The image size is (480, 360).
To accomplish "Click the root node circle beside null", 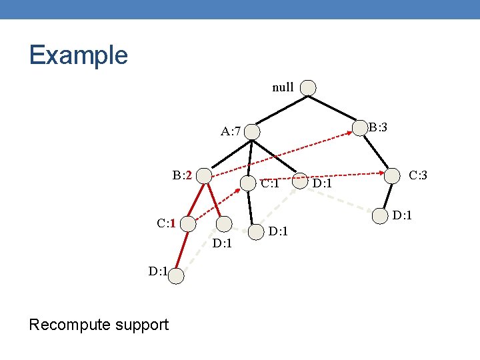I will (x=308, y=87).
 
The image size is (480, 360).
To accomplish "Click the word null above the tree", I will (x=283, y=87).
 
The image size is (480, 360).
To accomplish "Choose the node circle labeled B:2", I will (x=205, y=176).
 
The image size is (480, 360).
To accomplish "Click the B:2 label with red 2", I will (x=182, y=175).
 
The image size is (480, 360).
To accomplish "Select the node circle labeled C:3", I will (x=393, y=176).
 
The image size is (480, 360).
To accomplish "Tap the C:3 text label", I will (x=418, y=175).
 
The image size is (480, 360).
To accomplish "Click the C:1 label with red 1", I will (x=166, y=223).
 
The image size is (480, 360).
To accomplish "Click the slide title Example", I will (x=78, y=55).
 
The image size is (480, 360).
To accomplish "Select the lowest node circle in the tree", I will (x=175, y=275).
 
